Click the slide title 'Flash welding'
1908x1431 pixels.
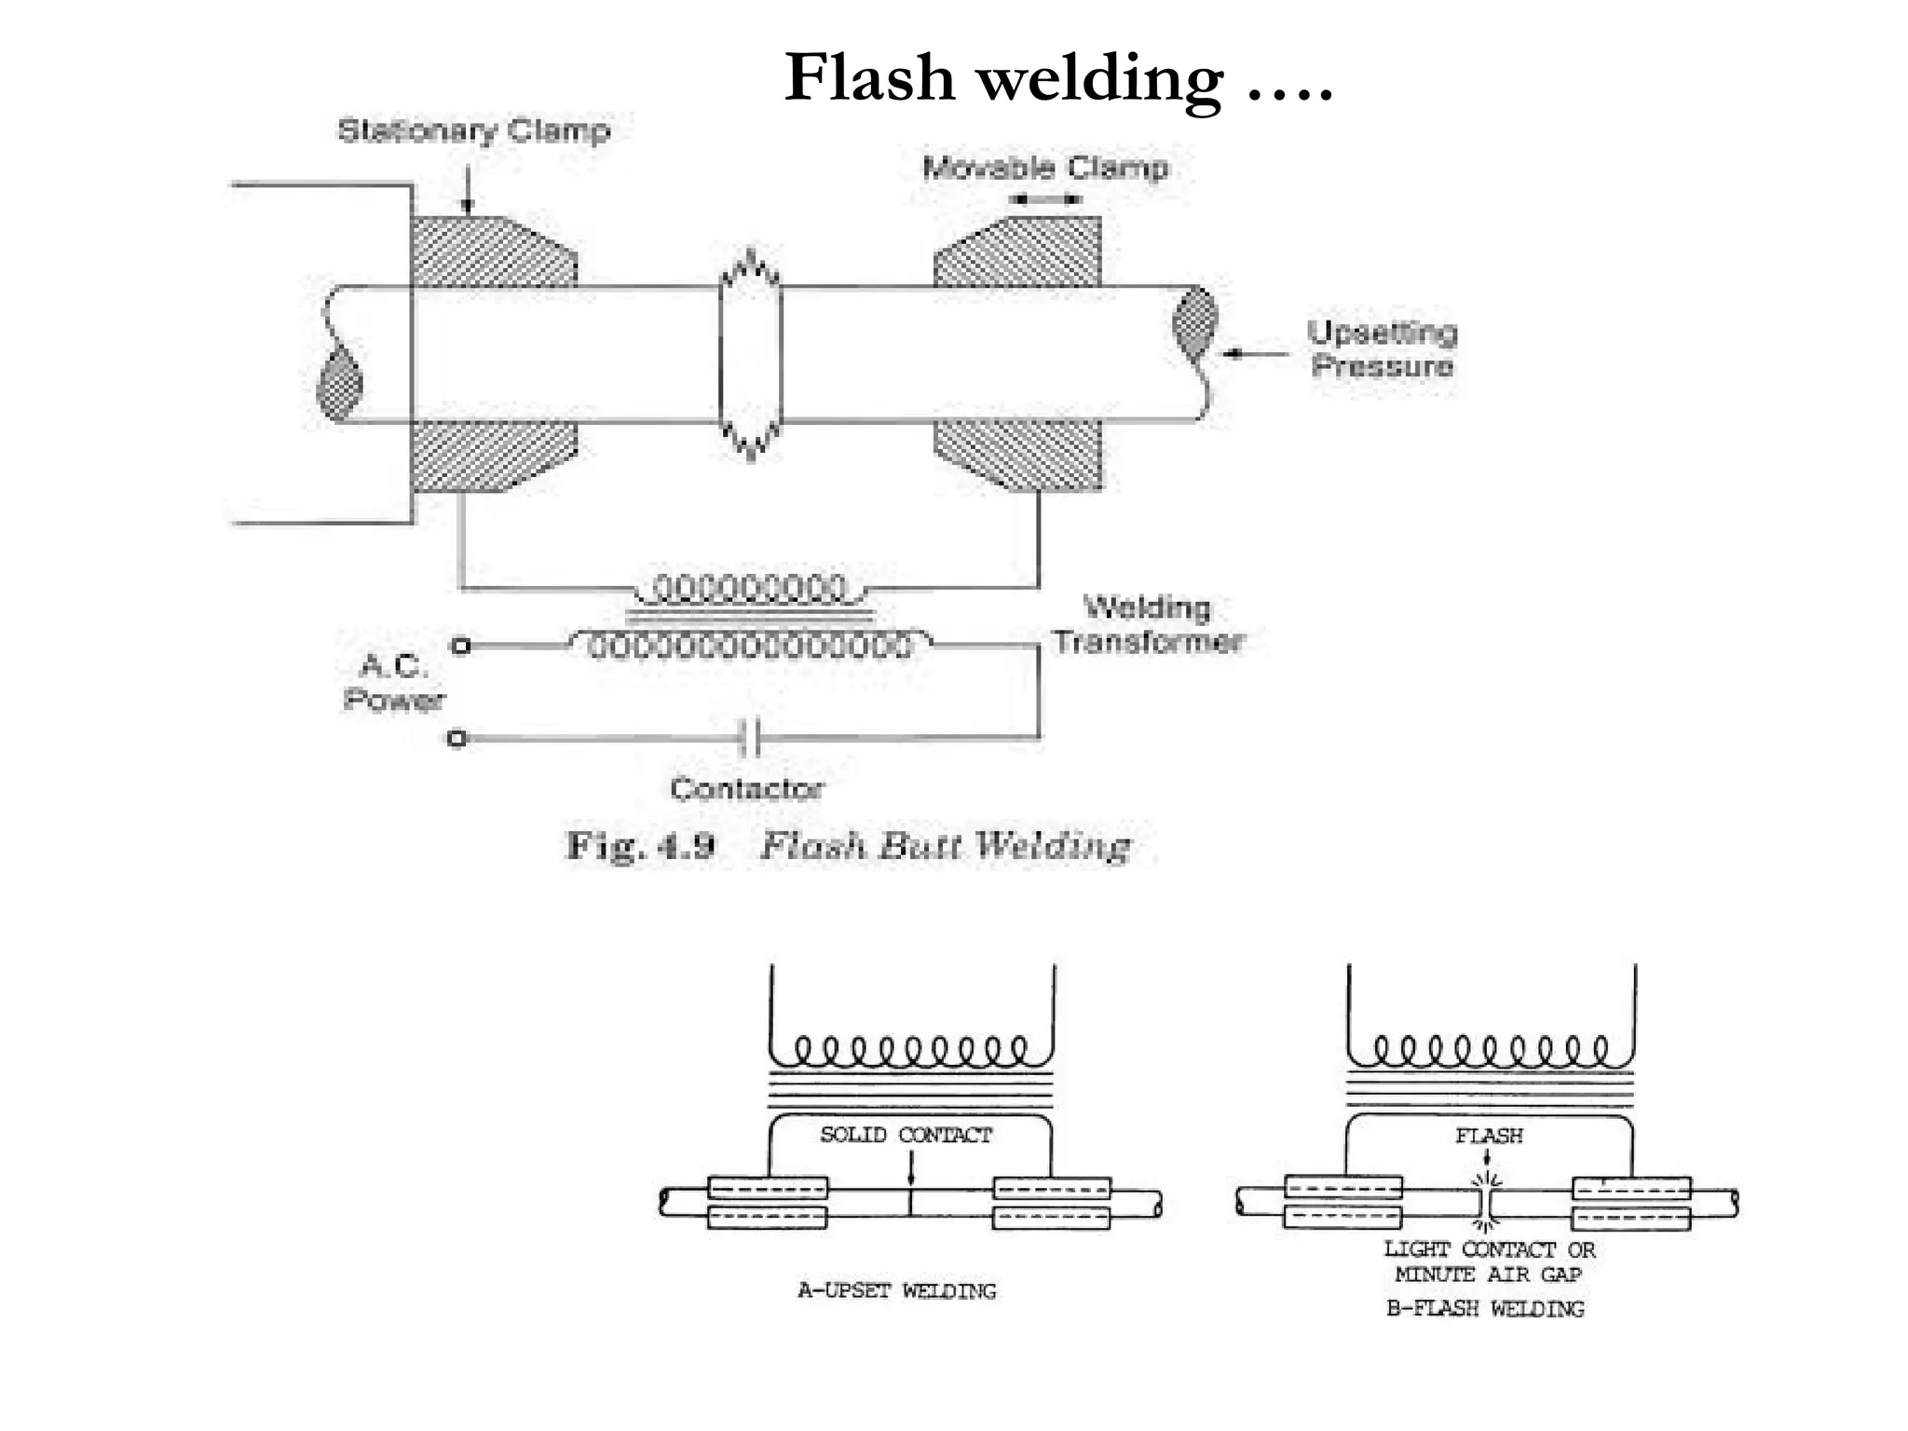[x=1058, y=78]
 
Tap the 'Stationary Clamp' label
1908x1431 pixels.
[x=473, y=130]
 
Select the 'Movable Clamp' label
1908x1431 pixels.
[x=1044, y=168]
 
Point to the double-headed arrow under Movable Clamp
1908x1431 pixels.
[x=1046, y=198]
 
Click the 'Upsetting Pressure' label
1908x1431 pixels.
[x=1382, y=348]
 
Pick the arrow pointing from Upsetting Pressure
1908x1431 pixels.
[x=1255, y=354]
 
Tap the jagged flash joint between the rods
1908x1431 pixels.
[x=750, y=354]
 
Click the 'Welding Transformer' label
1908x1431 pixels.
[x=1148, y=625]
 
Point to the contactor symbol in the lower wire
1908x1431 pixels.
[x=751, y=738]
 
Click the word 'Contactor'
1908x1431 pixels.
[x=746, y=789]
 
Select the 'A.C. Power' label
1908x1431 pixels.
[x=394, y=683]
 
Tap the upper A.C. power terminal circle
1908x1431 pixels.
[x=458, y=646]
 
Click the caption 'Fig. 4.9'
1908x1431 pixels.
[x=641, y=846]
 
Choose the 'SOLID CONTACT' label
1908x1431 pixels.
[x=906, y=1135]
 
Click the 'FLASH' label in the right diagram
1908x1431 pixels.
[x=1489, y=1136]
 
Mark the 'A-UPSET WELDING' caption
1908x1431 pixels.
[x=896, y=1291]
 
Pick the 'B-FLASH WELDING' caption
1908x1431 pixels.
[x=1485, y=1309]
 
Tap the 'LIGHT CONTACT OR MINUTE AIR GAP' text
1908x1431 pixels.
[x=1489, y=1262]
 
